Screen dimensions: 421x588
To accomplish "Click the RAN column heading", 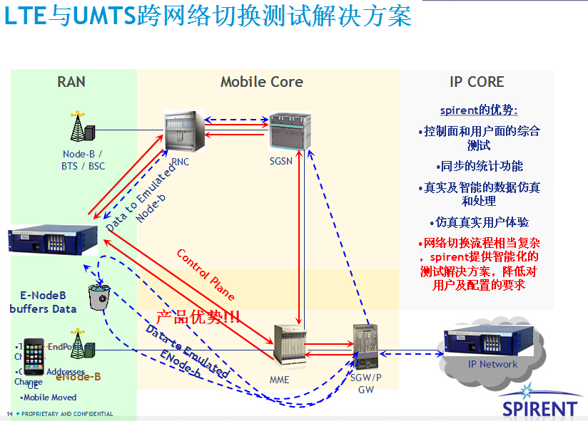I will point(71,82).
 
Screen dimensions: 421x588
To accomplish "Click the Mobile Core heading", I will point(261,82).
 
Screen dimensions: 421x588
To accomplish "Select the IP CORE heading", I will point(477,82).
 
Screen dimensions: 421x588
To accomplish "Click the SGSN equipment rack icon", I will point(289,130).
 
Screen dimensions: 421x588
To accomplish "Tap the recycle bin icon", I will point(97,297).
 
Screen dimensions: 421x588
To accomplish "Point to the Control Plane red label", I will point(205,274).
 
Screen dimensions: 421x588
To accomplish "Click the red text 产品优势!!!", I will point(198,318).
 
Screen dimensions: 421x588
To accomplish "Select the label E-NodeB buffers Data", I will point(43,302).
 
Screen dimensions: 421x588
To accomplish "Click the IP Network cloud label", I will point(492,364).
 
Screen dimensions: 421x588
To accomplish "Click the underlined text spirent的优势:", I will point(478,110).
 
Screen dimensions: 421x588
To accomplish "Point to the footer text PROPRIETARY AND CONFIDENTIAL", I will point(67,414).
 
